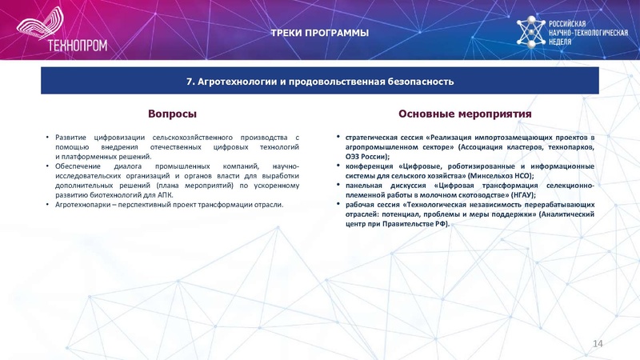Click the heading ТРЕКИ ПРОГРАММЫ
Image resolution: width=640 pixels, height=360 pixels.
pos(319,33)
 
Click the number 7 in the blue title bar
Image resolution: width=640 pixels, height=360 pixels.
pos(190,82)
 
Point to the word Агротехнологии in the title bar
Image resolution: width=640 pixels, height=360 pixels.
pos(234,82)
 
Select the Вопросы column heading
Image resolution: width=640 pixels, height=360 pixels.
pos(172,114)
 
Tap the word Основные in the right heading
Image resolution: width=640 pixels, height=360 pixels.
pos(427,114)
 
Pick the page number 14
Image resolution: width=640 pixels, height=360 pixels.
pos(597,343)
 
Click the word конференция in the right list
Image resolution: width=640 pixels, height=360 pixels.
pos(366,166)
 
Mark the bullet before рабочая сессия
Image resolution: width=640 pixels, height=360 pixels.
pos(339,205)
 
